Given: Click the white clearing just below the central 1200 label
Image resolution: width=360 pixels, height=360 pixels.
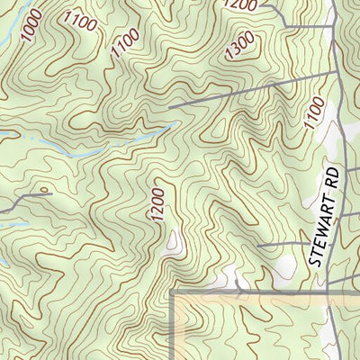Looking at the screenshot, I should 175,240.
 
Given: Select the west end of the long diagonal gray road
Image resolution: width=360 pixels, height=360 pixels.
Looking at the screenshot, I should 168,110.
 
